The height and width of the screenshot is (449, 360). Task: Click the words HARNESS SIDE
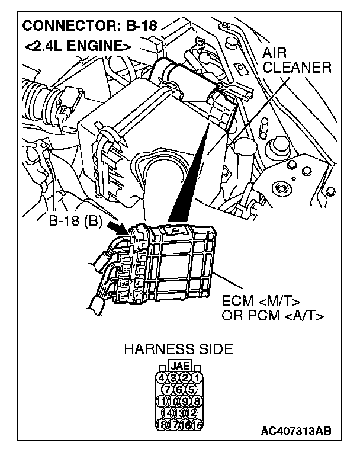178,349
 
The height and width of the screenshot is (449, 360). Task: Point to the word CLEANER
296,68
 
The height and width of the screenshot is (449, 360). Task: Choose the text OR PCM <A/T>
273,315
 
